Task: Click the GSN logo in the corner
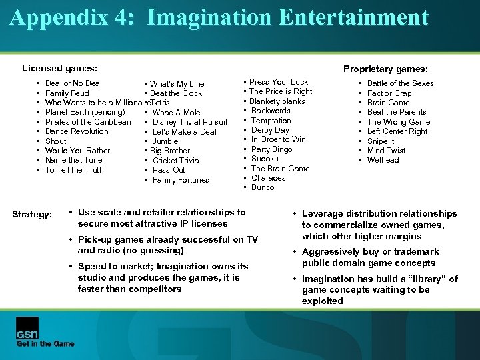coord(27,326)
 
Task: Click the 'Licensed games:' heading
coord(59,68)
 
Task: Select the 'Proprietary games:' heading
coord(385,69)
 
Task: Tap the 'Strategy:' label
coord(32,214)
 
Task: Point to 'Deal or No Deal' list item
coord(73,83)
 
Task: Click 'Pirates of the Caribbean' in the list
coord(88,122)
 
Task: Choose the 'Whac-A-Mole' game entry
coord(176,113)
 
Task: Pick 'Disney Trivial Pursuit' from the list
coord(190,122)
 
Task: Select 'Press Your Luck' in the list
coord(279,82)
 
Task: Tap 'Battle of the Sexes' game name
coord(400,83)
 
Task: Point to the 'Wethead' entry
coord(383,160)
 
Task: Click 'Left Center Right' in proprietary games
coord(397,131)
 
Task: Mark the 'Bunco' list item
coord(262,187)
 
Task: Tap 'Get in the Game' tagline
coord(45,343)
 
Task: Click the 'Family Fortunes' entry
coord(181,180)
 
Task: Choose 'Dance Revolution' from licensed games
coord(77,131)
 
